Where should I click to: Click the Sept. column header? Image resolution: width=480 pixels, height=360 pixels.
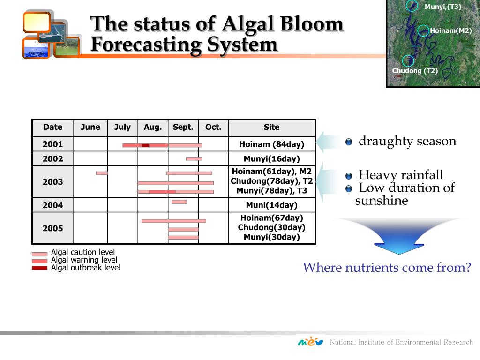click(x=183, y=127)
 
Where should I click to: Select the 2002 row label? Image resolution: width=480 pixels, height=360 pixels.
click(x=52, y=158)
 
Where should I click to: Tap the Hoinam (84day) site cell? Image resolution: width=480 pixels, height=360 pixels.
click(x=272, y=144)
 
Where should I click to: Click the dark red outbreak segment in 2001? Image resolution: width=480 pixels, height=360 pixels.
click(x=145, y=145)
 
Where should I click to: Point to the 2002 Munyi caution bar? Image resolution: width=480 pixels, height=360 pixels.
click(x=194, y=158)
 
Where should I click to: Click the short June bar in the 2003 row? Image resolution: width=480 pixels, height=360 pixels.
click(x=102, y=173)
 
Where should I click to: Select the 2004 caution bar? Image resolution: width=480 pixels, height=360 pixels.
click(x=180, y=202)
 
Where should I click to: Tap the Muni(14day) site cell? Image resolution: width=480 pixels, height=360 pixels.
click(x=272, y=205)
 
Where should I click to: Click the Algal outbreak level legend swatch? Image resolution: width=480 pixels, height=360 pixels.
click(x=39, y=268)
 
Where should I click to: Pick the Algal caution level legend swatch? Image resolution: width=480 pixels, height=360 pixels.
click(x=39, y=254)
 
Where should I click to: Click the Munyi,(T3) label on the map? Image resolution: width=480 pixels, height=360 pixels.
click(x=443, y=7)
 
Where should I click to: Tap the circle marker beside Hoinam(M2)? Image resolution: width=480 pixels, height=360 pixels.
click(x=423, y=30)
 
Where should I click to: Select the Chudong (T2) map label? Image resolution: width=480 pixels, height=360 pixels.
click(x=415, y=71)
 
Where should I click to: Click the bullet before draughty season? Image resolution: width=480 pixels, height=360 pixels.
click(x=349, y=142)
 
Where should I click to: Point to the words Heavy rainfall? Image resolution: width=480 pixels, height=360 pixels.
click(x=401, y=175)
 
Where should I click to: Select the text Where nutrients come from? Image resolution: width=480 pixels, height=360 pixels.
click(x=387, y=267)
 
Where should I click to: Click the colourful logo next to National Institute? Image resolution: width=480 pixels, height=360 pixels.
click(x=310, y=341)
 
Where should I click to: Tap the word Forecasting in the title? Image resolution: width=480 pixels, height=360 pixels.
click(x=147, y=45)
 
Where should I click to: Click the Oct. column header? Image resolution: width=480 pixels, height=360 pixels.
click(x=213, y=127)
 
